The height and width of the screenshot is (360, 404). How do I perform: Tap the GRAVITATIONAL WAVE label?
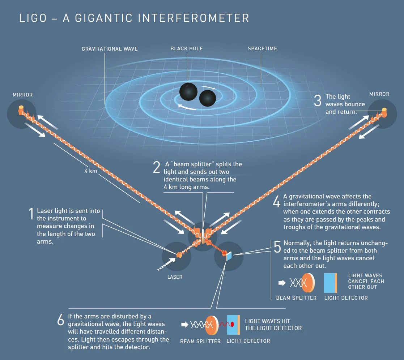click(x=110, y=48)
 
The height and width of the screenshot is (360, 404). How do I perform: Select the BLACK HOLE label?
click(x=187, y=48)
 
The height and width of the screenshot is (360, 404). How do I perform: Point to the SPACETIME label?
click(x=262, y=48)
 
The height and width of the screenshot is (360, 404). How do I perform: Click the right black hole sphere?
click(x=207, y=98)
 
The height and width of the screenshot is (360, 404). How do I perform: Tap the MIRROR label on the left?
click(x=22, y=95)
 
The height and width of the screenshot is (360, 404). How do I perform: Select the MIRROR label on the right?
click(x=379, y=94)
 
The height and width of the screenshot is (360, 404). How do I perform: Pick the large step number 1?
click(x=31, y=214)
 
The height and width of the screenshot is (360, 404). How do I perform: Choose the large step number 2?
click(x=156, y=168)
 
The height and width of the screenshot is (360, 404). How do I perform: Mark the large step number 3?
click(x=318, y=101)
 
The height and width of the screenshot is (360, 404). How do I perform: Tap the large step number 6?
click(x=61, y=320)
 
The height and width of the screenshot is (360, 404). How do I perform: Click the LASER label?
click(x=175, y=277)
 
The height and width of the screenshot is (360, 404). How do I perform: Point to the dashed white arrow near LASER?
click(x=165, y=264)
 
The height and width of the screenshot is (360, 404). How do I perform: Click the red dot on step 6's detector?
click(x=232, y=323)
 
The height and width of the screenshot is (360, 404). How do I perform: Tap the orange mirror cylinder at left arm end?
click(x=21, y=108)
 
